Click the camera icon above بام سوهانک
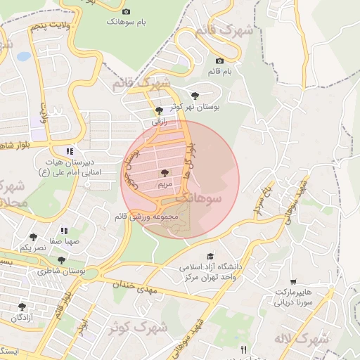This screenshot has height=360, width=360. coord(127,11)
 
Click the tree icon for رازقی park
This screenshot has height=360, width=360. coord(159,110)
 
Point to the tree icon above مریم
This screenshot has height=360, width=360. coord(164,172)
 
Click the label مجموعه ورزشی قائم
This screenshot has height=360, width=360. coord(144,217)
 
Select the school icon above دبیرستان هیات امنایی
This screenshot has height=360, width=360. coord(69,151)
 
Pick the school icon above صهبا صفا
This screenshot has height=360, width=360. coord(64,231)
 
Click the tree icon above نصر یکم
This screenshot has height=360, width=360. coord(33,238)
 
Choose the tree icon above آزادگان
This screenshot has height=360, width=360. coord(22,307)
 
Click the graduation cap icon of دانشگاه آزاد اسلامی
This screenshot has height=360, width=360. coord(210,257)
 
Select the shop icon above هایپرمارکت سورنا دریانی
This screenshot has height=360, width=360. coord(292,281)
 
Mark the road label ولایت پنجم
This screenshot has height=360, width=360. coord(51,27)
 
